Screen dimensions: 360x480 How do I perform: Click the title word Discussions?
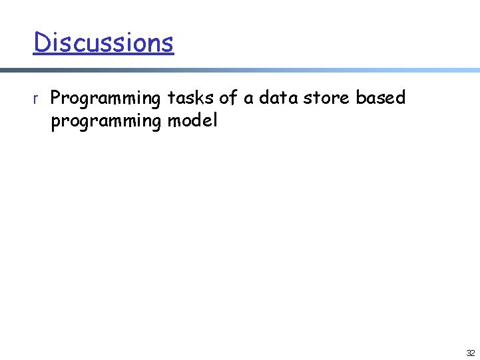click(x=103, y=43)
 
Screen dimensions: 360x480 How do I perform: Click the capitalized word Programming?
click(x=106, y=99)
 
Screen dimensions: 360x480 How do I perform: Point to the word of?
click(x=228, y=98)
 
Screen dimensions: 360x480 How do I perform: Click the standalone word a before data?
click(x=248, y=99)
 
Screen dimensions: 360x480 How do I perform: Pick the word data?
click(x=278, y=98)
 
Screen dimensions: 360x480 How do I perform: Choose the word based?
click(x=380, y=98)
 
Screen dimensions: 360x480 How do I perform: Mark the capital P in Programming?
click(x=56, y=98)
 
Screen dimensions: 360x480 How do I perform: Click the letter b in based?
click(x=360, y=98)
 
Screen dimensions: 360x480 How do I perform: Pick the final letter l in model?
click(x=214, y=122)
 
